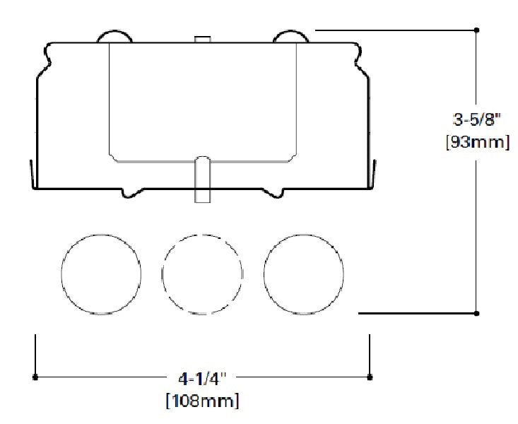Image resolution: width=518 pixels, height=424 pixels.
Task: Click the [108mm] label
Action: click(x=202, y=402)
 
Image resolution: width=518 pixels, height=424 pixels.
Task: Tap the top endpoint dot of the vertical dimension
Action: click(x=478, y=30)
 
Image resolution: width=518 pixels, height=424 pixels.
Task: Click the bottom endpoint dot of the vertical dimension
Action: click(x=478, y=312)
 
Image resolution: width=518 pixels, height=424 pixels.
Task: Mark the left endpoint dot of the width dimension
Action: click(x=35, y=377)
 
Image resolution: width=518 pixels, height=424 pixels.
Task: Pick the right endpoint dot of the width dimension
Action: click(x=370, y=377)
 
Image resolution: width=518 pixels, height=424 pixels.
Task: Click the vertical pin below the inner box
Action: click(x=201, y=179)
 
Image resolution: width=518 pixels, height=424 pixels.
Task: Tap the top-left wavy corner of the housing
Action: click(x=47, y=54)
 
